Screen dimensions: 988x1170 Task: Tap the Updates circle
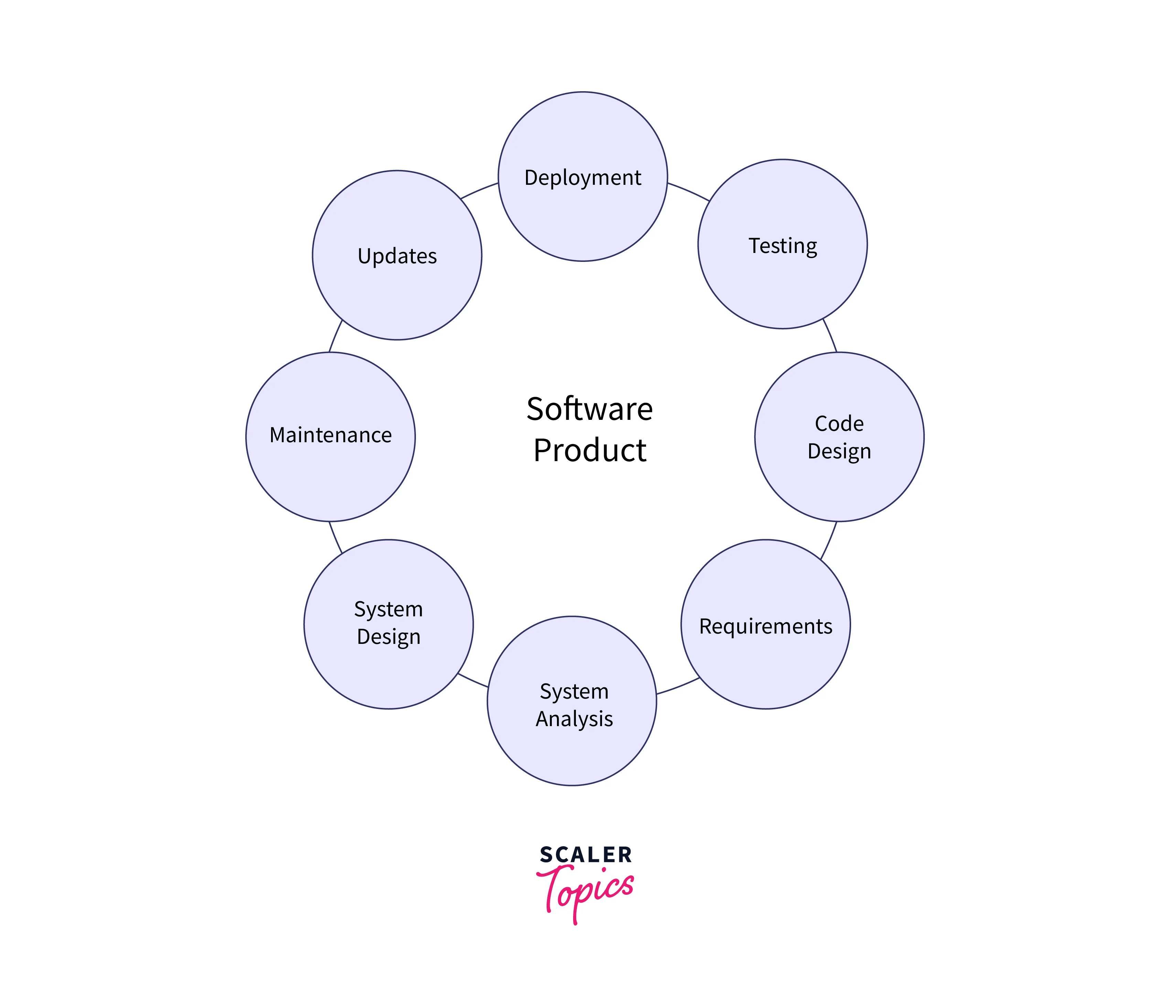pos(397,291)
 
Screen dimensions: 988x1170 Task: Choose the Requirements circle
pos(765,661)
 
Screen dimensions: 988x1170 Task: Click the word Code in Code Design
pos(839,423)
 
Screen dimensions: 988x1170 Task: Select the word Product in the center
pos(590,450)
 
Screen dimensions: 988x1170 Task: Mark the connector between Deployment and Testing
pos(689,191)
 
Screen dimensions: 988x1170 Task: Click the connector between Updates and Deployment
pos(479,190)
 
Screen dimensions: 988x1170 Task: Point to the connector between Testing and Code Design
pos(830,335)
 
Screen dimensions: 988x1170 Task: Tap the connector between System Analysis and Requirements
pos(678,687)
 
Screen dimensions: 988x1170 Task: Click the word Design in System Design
pos(388,637)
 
